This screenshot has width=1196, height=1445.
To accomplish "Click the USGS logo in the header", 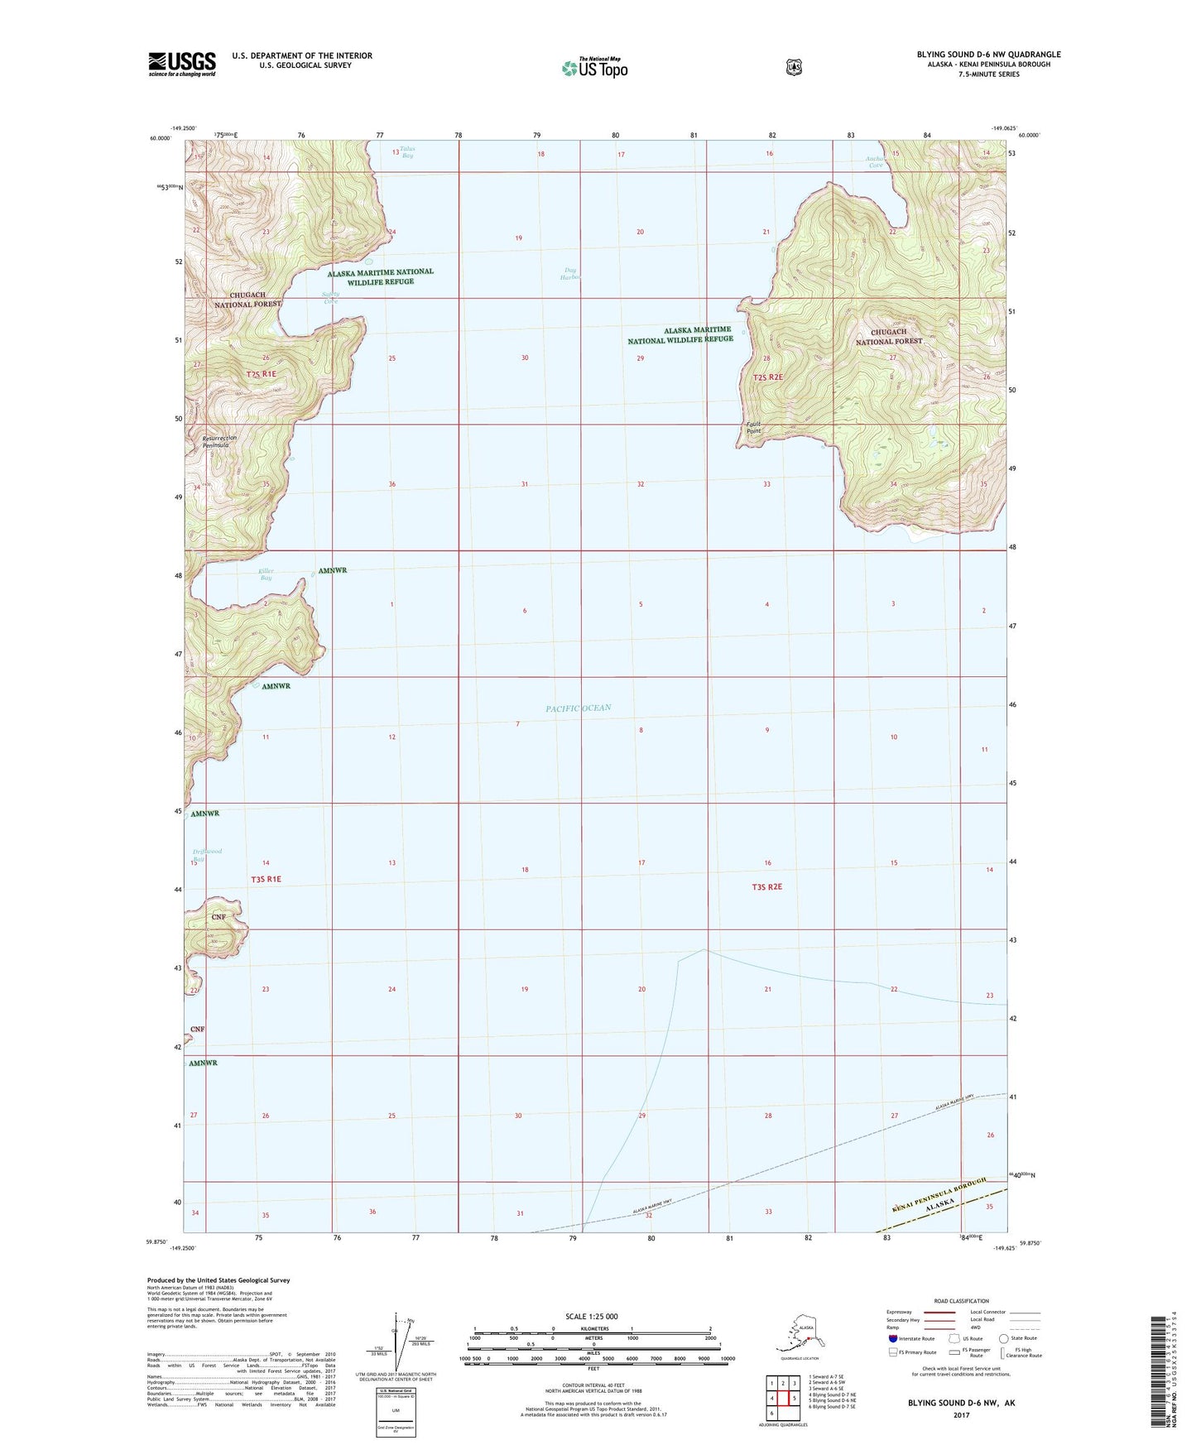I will tap(181, 63).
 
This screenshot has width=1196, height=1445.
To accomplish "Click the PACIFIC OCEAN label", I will tap(578, 708).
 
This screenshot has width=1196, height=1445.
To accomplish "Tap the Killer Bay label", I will tap(266, 574).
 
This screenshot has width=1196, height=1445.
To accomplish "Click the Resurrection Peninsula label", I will tap(220, 441).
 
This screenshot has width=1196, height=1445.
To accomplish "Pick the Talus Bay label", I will tap(406, 152).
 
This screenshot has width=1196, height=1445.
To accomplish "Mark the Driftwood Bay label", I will tap(207, 855).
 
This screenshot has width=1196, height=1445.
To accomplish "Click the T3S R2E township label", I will tap(766, 886).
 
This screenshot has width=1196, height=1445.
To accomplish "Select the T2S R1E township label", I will tap(261, 375).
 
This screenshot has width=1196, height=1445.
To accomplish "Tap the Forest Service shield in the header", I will tap(794, 66).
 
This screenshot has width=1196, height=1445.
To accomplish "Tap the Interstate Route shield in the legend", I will tap(891, 1337).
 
